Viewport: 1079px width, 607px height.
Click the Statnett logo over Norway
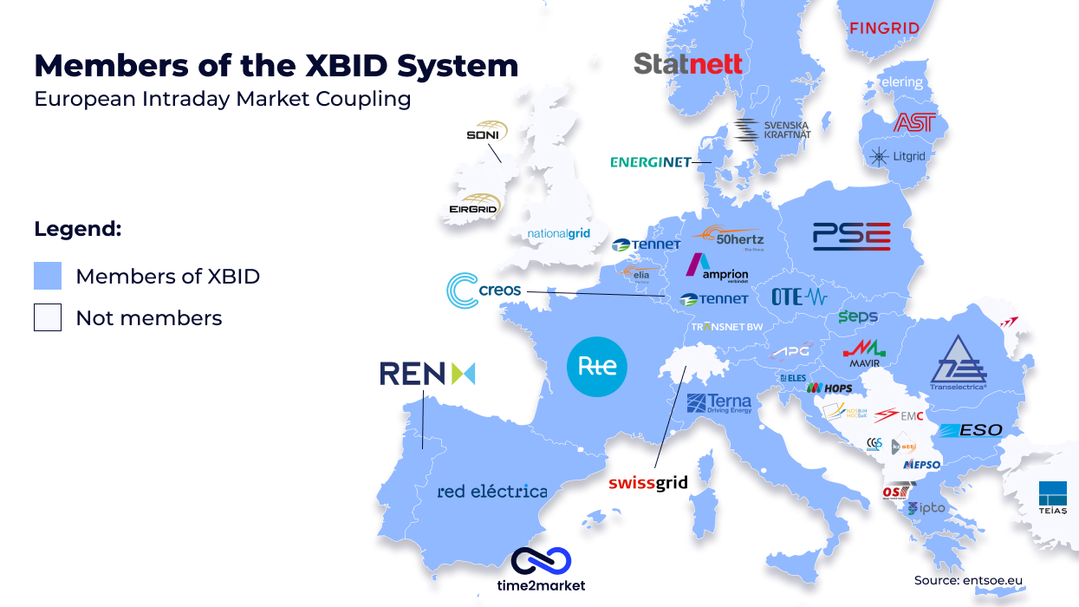tap(688, 63)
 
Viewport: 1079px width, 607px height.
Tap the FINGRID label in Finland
tap(883, 28)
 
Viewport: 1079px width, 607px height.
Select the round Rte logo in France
tap(597, 366)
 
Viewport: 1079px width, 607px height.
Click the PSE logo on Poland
tap(851, 236)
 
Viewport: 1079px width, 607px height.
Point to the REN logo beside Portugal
tap(427, 374)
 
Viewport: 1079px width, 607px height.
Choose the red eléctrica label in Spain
tap(491, 492)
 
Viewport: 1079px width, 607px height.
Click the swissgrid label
tap(647, 483)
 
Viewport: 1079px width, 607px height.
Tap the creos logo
tap(484, 290)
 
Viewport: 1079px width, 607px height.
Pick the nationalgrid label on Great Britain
tap(558, 234)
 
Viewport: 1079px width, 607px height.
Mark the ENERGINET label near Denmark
tap(651, 162)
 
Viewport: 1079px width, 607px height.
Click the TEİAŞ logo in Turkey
tap(1053, 497)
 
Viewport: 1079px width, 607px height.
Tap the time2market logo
tap(541, 570)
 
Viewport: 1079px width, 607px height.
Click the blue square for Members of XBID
tap(48, 277)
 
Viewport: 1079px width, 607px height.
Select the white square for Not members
tap(48, 318)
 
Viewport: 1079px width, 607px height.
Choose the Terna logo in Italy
tap(718, 403)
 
